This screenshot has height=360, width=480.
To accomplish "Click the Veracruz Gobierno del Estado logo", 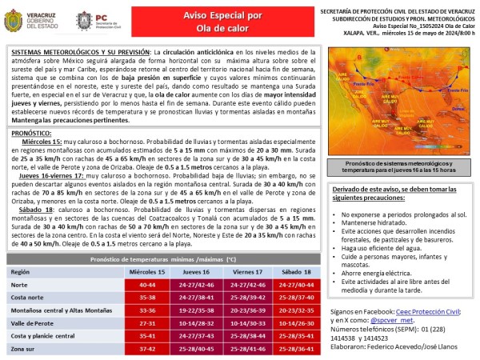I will point(32,20).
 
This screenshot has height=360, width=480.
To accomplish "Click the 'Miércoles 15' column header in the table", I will point(148,272).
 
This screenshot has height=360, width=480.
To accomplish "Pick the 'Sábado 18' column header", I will point(294,272).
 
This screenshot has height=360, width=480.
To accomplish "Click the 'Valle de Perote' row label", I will point(32,322).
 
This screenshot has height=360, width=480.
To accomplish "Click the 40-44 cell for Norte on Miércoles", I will point(148,284).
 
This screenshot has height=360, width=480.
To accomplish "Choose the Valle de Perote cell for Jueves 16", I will point(197,322).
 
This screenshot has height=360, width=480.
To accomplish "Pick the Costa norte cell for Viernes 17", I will point(246,297).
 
